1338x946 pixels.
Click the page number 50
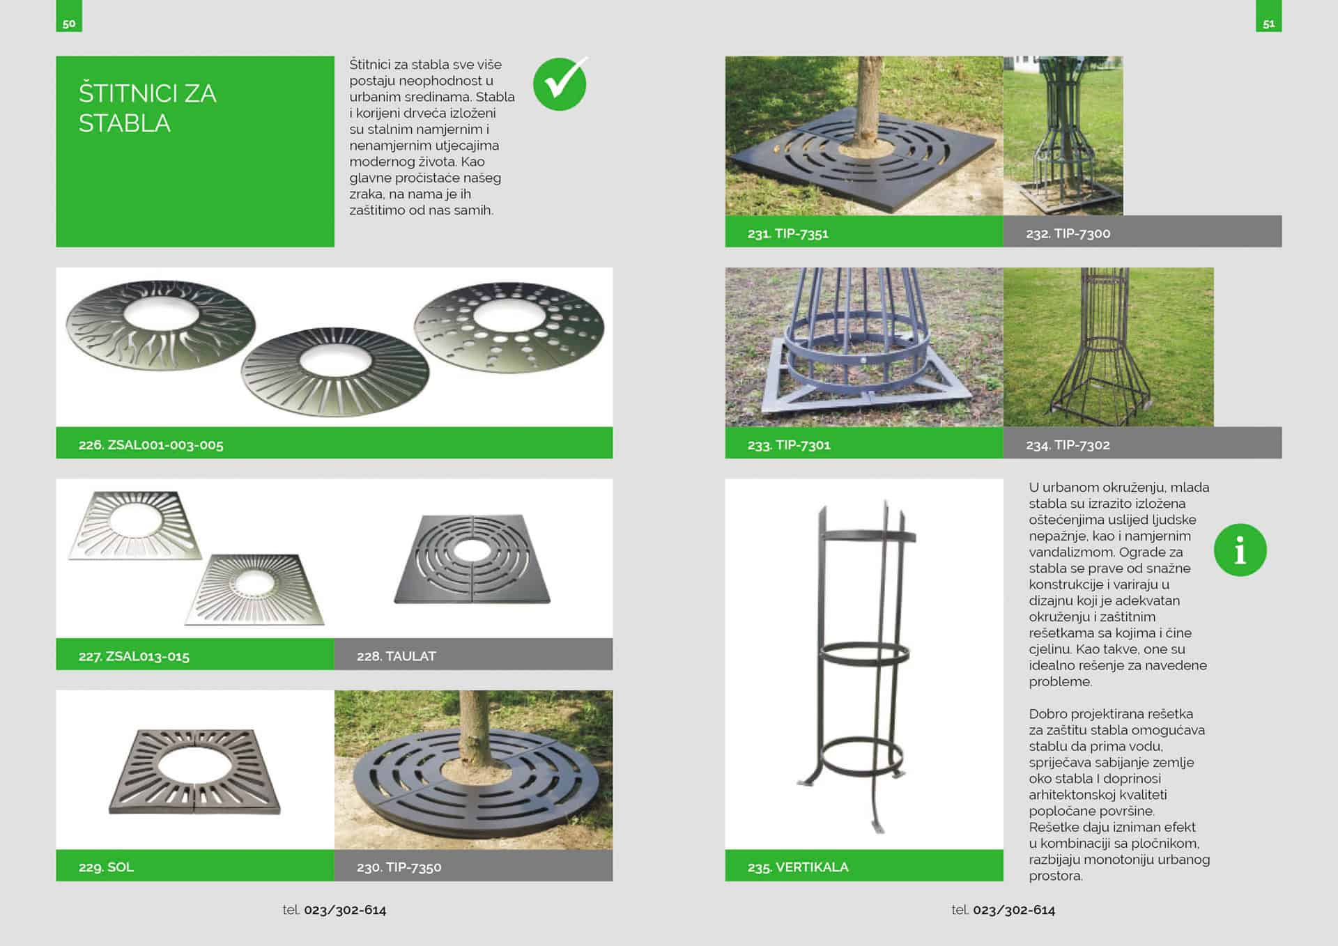point(69,24)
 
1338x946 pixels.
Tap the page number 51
point(1269,24)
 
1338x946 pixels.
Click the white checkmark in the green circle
point(561,83)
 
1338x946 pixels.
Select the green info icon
point(1240,550)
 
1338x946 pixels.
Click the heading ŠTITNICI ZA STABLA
point(148,108)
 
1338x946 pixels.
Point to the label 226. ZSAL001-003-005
point(151,444)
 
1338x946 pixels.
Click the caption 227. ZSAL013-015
point(134,656)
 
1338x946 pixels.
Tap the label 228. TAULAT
point(397,656)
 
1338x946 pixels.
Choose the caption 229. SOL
point(106,867)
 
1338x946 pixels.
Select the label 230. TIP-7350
point(399,867)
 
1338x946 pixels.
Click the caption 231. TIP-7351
point(788,233)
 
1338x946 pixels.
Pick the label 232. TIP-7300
point(1068,233)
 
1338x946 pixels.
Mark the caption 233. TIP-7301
point(789,444)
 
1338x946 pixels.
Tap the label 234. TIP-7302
point(1068,444)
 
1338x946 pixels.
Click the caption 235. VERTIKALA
point(798,867)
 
